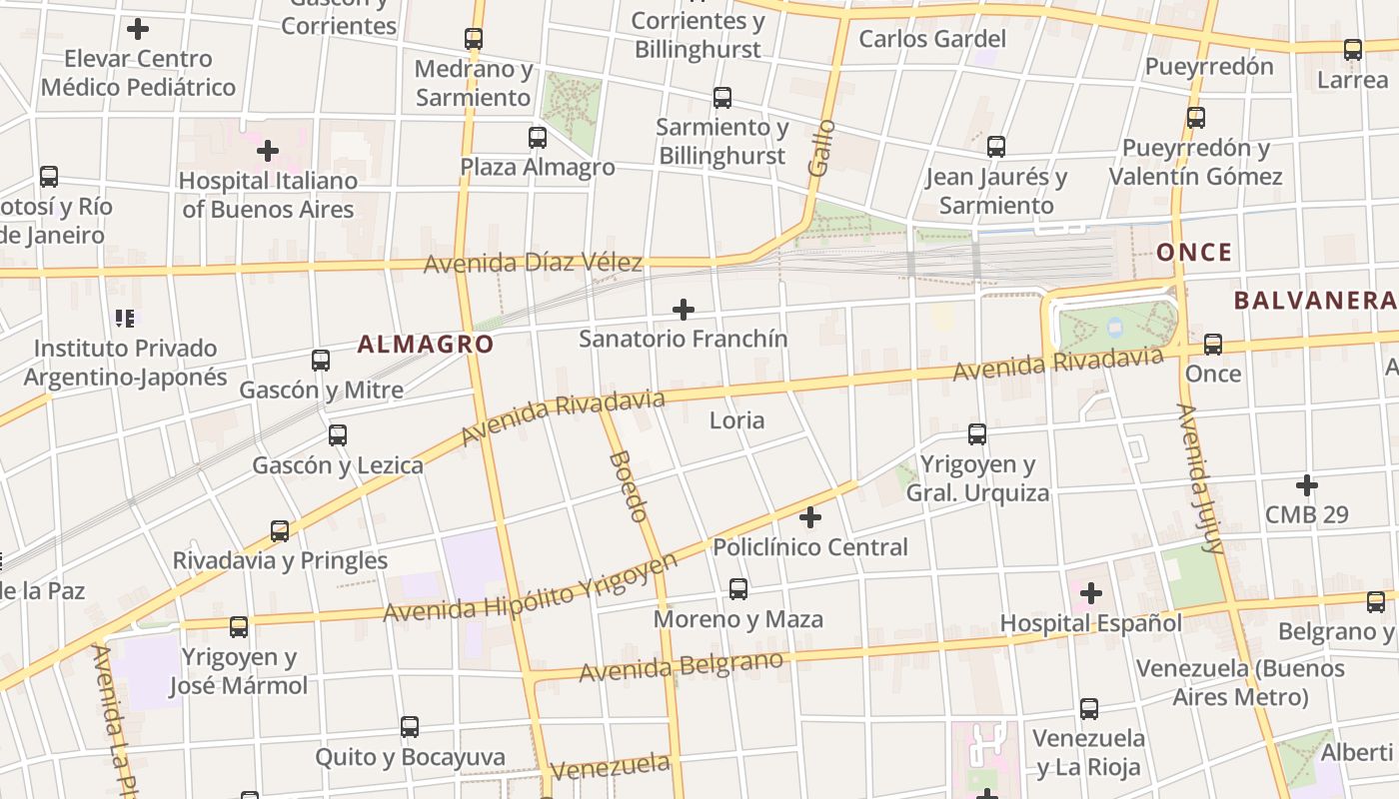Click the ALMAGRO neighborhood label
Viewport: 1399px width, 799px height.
[426, 345]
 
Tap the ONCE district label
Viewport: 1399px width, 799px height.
[1194, 253]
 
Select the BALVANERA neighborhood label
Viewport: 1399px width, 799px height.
[1313, 301]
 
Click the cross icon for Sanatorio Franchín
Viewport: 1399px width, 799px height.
[684, 310]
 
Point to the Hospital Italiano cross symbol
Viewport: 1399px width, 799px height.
[267, 152]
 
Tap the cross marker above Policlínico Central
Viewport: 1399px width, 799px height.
[810, 517]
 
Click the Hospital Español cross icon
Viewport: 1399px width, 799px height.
[1091, 594]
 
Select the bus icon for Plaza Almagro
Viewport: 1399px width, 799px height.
[538, 138]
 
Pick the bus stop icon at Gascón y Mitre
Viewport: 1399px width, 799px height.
[321, 361]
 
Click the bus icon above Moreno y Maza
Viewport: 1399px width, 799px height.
[738, 589]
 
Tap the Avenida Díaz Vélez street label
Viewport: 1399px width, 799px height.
[533, 264]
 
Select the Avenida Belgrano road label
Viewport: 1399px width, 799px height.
[681, 666]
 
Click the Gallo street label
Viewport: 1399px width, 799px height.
[820, 148]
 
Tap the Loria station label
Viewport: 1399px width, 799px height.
[736, 420]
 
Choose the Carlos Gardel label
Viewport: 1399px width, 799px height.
[932, 39]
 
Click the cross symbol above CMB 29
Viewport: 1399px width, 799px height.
[1306, 485]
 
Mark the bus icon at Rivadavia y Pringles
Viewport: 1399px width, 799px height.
[280, 530]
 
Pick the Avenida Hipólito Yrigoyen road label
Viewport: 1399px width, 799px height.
[531, 589]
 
